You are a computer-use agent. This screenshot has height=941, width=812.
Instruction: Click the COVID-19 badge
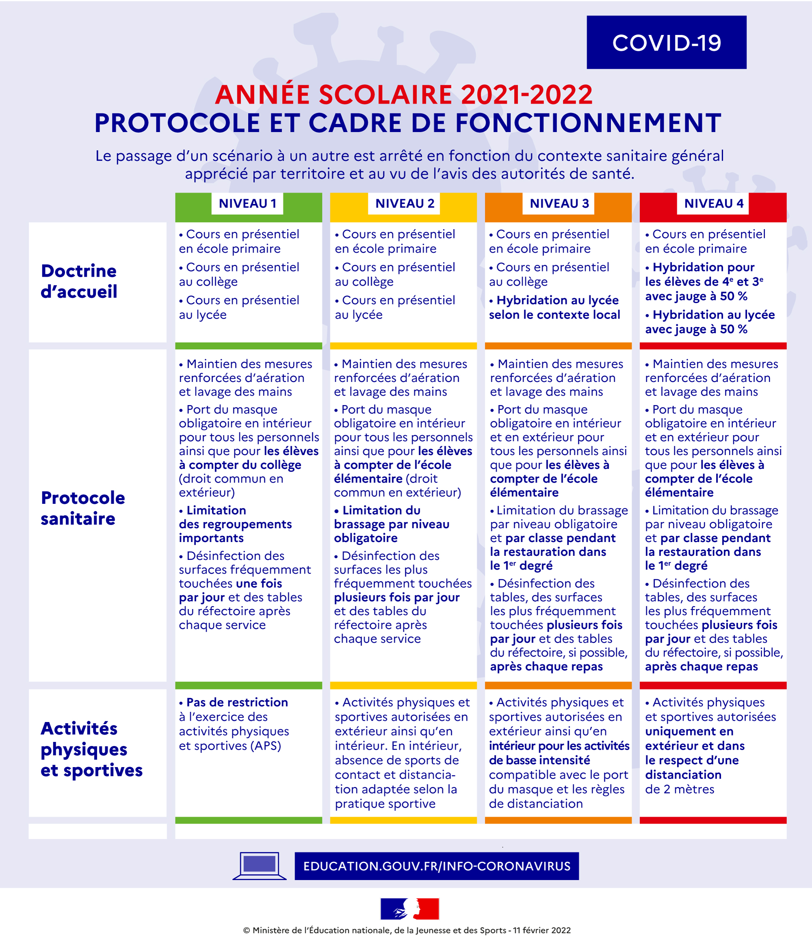click(x=666, y=42)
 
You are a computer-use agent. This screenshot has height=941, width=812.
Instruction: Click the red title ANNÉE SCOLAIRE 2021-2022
click(x=404, y=94)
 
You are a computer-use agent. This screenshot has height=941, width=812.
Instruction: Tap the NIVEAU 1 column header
click(x=247, y=204)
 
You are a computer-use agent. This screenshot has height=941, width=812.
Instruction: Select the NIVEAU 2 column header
click(x=404, y=204)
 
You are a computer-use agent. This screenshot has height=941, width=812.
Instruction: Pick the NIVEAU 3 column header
click(x=559, y=204)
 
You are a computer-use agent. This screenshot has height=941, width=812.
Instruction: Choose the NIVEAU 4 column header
click(x=713, y=204)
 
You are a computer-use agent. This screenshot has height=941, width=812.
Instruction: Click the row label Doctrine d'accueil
click(x=79, y=281)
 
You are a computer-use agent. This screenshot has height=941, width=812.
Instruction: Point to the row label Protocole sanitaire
click(x=82, y=508)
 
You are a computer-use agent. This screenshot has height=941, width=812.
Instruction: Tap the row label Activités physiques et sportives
click(x=91, y=749)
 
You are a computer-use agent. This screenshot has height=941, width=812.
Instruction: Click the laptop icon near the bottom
click(x=259, y=865)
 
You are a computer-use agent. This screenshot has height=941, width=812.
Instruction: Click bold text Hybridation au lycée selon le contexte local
click(x=555, y=308)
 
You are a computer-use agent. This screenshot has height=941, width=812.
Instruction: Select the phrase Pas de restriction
click(x=237, y=702)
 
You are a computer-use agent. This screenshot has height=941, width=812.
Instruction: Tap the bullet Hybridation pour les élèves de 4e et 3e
click(x=704, y=282)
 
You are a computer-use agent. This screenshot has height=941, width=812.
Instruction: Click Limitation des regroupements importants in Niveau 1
click(x=235, y=524)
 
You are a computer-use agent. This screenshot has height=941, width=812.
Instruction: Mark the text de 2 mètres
click(x=680, y=789)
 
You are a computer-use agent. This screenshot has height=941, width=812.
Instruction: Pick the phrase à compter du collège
click(x=240, y=464)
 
